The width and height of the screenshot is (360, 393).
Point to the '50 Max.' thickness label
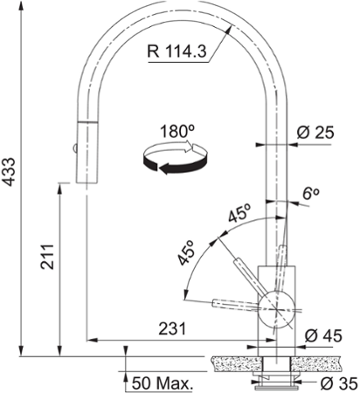click(x=163, y=383)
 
